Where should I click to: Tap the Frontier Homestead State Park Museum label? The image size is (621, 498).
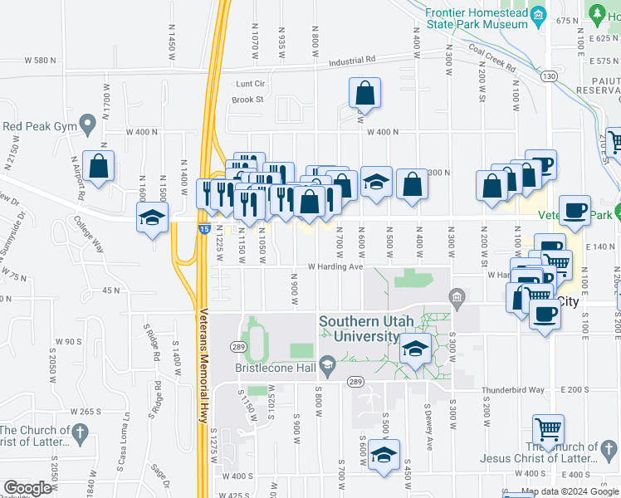coord(477,19)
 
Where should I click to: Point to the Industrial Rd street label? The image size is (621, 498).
coord(352,60)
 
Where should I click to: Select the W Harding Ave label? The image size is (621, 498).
coord(336,267)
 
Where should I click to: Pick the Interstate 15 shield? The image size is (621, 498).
coord(203,228)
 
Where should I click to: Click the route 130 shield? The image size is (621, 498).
coord(548,76)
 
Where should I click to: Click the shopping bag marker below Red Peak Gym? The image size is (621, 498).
coord(99,166)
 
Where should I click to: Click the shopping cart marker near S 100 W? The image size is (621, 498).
coord(548,431)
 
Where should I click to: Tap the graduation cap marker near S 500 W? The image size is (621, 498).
coord(384,455)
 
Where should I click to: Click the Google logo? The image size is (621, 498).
coord(27,488)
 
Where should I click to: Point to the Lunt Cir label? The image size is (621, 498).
coord(250,84)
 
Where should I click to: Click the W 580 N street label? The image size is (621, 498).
coord(41,61)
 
